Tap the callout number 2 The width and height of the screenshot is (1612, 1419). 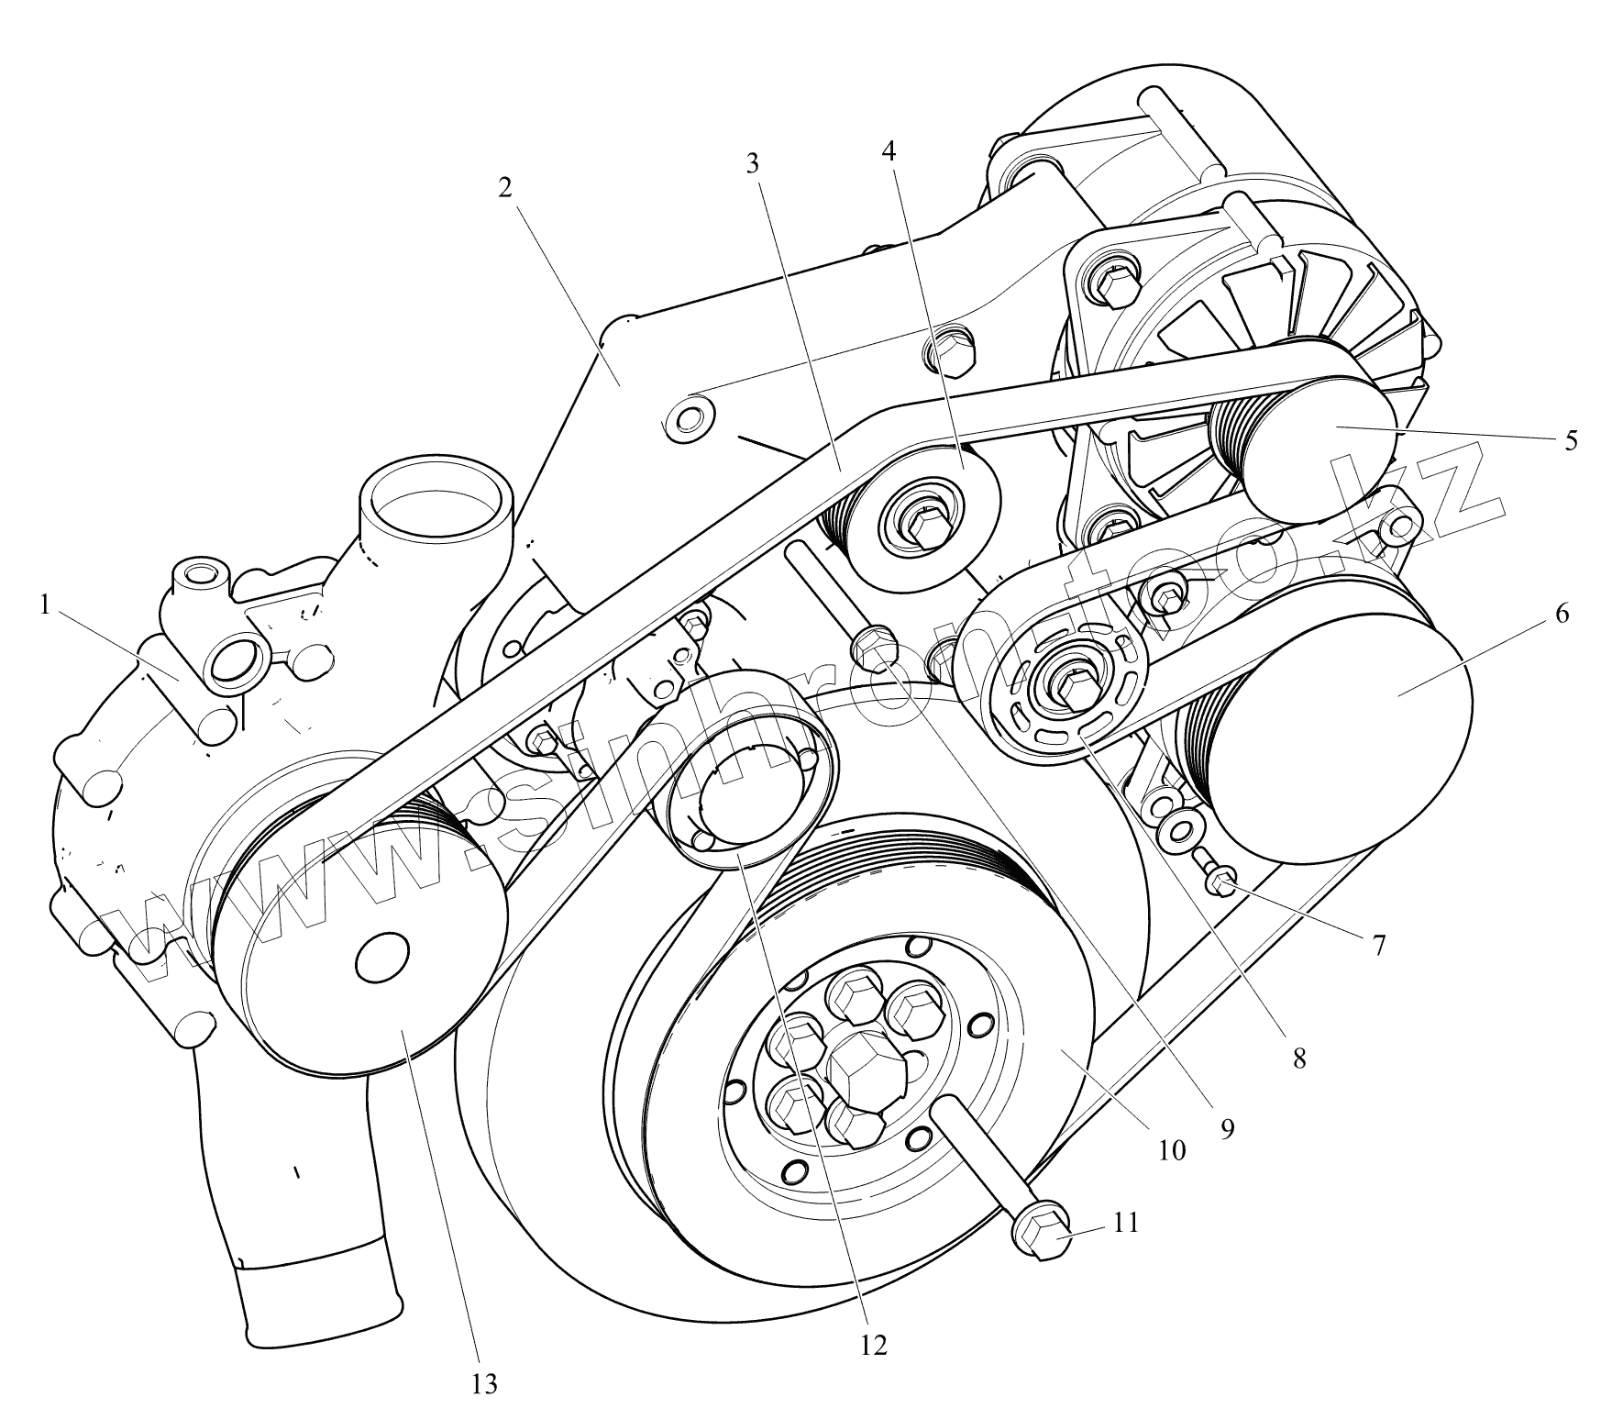click(x=505, y=188)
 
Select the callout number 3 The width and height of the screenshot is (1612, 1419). click(x=753, y=164)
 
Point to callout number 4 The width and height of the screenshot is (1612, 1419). click(x=888, y=151)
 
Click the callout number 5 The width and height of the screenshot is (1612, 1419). click(x=1571, y=440)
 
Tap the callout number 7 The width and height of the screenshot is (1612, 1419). click(x=1378, y=945)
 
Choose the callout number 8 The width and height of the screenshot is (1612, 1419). click(x=1298, y=1059)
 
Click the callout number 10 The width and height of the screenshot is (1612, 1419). click(x=1172, y=1150)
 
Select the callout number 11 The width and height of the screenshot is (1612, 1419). click(x=1126, y=1222)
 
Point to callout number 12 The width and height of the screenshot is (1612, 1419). click(x=873, y=1345)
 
